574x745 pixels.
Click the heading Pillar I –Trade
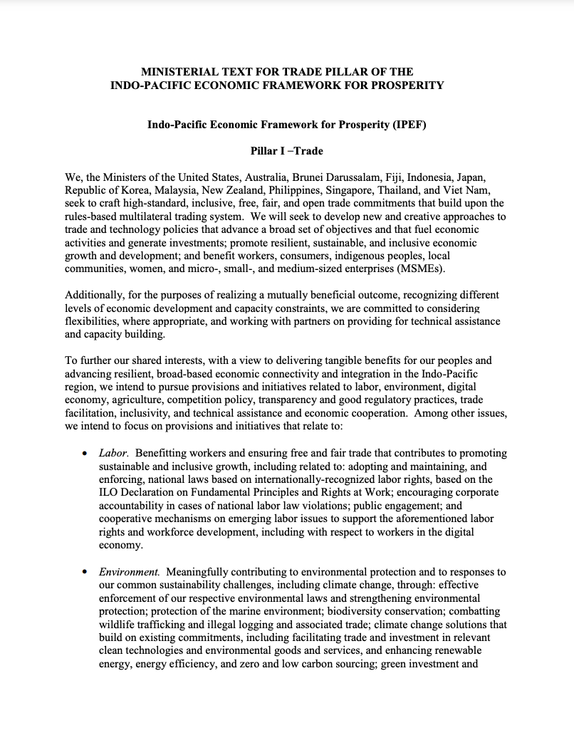coord(286,151)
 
